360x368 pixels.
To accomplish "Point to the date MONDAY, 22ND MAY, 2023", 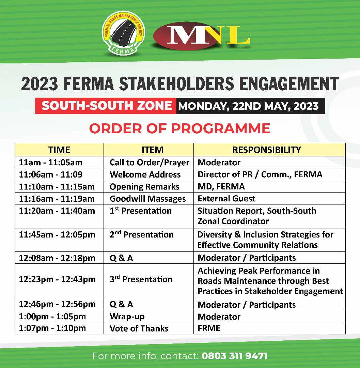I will click(x=248, y=106).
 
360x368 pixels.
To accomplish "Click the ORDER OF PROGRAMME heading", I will click(x=179, y=128).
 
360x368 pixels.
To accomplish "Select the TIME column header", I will click(x=59, y=150).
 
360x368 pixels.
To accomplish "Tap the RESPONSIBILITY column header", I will click(x=266, y=150).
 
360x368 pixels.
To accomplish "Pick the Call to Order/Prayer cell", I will click(x=149, y=163).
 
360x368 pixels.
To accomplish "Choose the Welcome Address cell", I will click(x=145, y=175).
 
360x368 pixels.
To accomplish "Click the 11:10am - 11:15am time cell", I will click(x=57, y=187).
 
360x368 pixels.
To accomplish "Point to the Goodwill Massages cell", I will click(x=147, y=199).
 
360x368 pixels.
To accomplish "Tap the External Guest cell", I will click(x=226, y=199).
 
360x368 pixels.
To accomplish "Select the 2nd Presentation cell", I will click(x=142, y=235).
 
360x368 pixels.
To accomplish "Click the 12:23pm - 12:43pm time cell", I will click(x=57, y=279).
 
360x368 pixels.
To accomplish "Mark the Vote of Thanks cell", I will click(x=139, y=328).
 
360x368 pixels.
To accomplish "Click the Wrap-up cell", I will click(x=127, y=317).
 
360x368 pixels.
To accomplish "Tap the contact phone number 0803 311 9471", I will click(x=234, y=356).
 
